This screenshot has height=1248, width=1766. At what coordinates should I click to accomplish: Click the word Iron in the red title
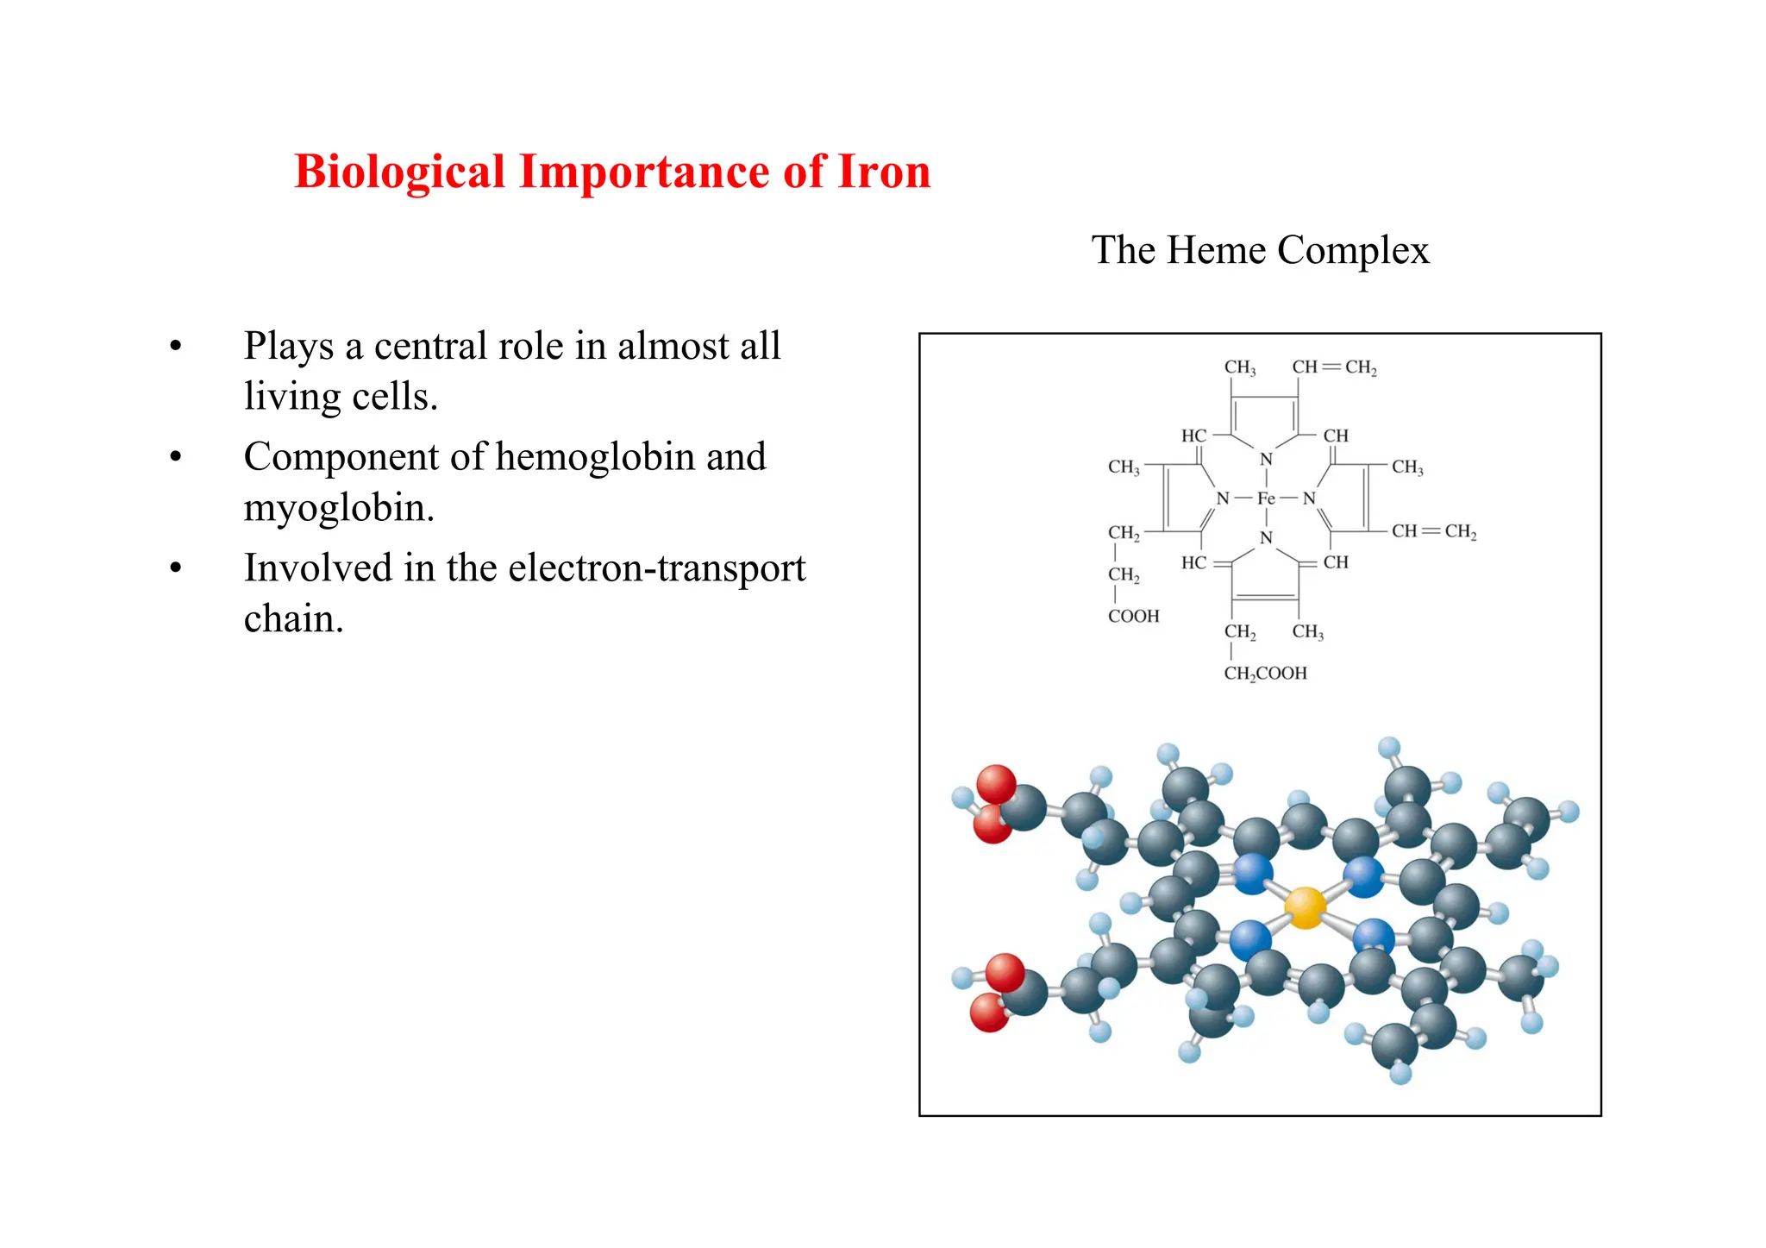pyautogui.click(x=884, y=171)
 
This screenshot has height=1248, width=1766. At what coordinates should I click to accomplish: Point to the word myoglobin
pyautogui.click(x=338, y=508)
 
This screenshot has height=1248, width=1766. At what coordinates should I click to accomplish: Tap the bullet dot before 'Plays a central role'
pyautogui.click(x=176, y=347)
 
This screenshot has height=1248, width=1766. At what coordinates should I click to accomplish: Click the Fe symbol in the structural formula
pyautogui.click(x=1265, y=499)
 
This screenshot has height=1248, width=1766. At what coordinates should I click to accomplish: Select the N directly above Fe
pyautogui.click(x=1265, y=460)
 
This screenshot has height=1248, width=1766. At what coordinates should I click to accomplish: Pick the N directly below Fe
pyautogui.click(x=1265, y=537)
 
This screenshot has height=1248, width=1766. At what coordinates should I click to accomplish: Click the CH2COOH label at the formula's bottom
pyautogui.click(x=1265, y=673)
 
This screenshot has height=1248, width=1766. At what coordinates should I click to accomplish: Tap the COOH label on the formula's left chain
pyautogui.click(x=1133, y=616)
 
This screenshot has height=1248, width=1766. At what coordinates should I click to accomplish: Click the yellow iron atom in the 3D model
pyautogui.click(x=1305, y=907)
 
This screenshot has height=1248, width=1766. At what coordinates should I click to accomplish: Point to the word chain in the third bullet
pyautogui.click(x=292, y=619)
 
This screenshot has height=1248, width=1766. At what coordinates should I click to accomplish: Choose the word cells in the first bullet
pyautogui.click(x=396, y=397)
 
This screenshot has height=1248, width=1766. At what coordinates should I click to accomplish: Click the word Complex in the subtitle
pyautogui.click(x=1353, y=250)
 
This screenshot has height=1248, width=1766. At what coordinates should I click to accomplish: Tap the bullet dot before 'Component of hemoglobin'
pyautogui.click(x=176, y=458)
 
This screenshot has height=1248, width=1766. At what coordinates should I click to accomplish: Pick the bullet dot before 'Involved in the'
pyautogui.click(x=176, y=569)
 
